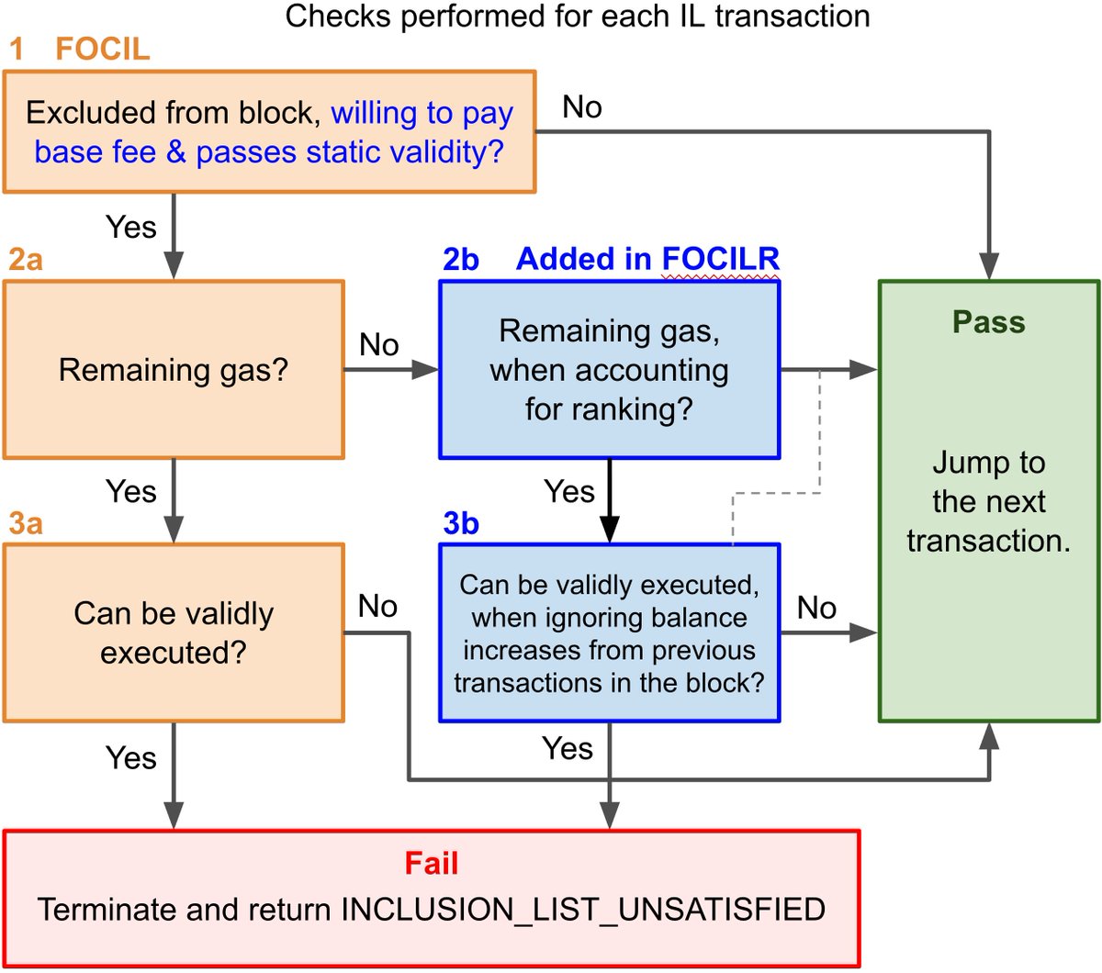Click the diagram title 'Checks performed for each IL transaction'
[577, 17]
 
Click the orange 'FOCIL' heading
[102, 49]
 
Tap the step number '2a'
[26, 259]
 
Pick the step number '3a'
[26, 523]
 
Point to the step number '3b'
[461, 523]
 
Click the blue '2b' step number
[461, 259]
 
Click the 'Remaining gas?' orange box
[174, 370]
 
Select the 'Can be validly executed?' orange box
[174, 633]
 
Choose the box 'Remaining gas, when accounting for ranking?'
[609, 370]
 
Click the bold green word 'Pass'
[988, 321]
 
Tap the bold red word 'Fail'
[432, 863]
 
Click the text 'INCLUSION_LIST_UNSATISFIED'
[583, 910]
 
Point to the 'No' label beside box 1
[582, 106]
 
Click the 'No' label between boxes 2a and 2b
[378, 344]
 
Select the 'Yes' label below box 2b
[569, 491]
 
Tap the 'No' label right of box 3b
[816, 608]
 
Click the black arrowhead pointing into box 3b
[609, 529]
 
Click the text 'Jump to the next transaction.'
[988, 501]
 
